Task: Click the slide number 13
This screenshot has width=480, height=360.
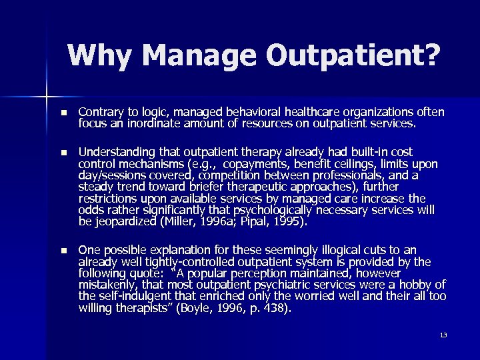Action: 443,334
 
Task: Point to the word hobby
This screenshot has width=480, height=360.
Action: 415,285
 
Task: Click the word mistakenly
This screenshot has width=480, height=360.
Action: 106,285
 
